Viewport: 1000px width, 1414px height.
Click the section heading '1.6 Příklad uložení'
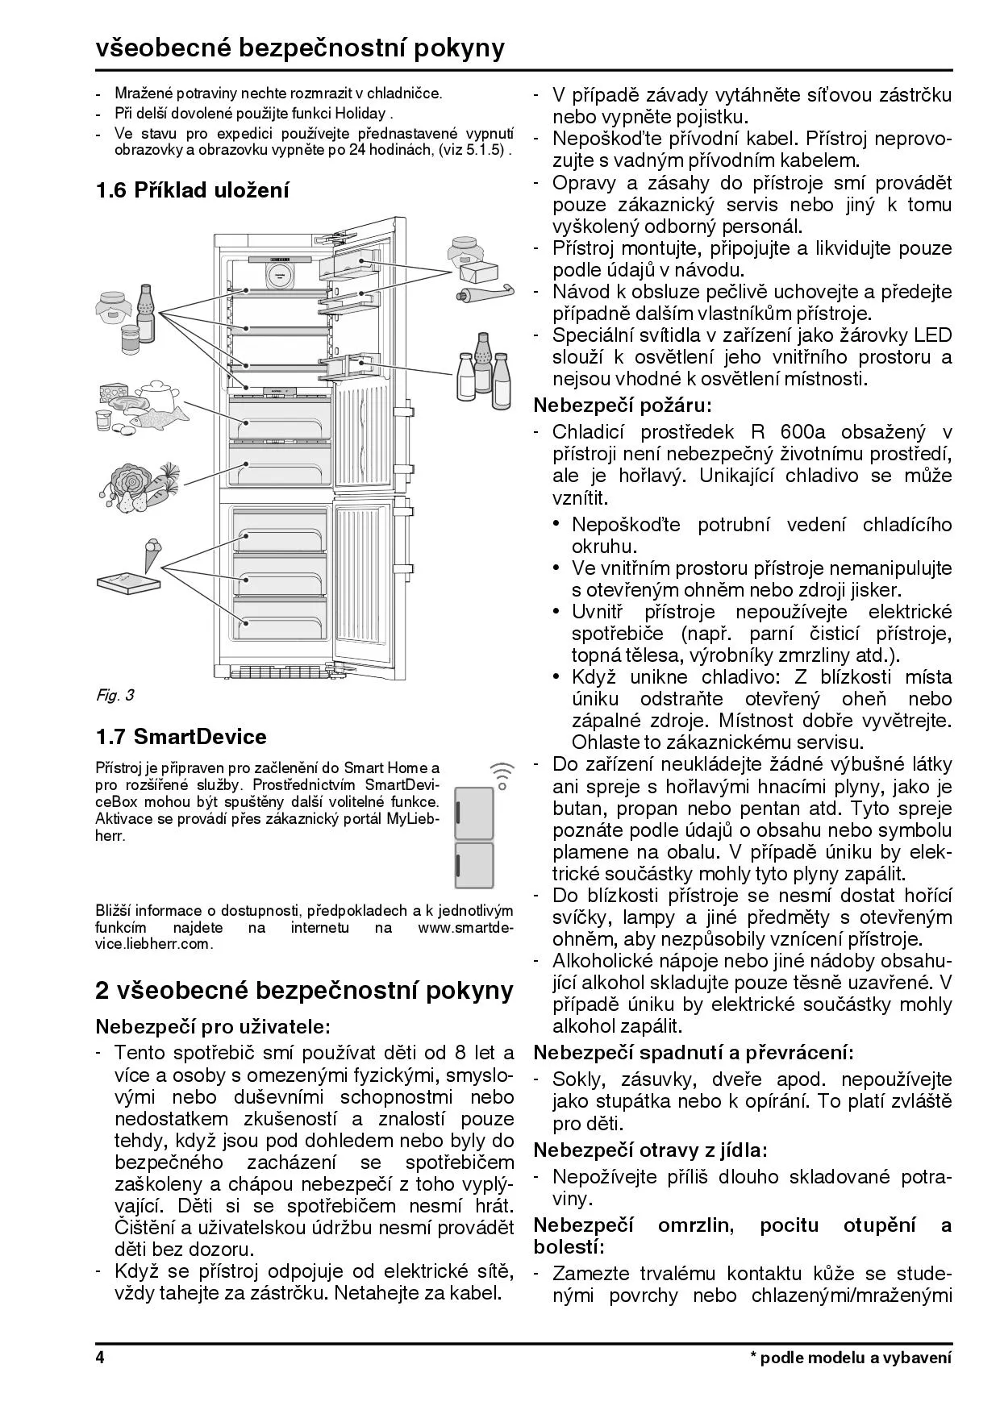pos(192,190)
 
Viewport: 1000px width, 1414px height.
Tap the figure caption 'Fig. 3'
pos(115,695)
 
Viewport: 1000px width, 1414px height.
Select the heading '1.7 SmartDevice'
pos(181,737)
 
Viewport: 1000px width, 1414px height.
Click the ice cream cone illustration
pos(151,554)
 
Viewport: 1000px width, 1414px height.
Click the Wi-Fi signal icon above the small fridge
pos(502,775)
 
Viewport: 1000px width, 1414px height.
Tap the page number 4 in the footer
pos(100,1358)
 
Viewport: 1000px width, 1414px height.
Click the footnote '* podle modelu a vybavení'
pos(851,1358)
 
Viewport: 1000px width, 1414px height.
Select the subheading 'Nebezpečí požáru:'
pos(622,405)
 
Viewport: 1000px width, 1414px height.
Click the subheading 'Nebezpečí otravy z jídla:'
pos(650,1150)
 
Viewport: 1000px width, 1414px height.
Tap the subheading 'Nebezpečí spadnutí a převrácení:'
pos(694,1052)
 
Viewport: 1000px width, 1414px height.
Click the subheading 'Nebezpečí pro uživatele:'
pos(213,1026)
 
